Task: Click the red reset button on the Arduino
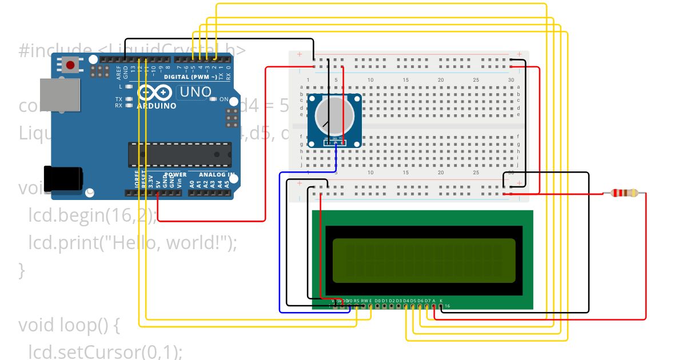coord(70,65)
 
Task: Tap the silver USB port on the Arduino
coord(60,94)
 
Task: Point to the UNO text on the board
coord(196,91)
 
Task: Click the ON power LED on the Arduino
coord(213,99)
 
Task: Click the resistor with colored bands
coord(624,193)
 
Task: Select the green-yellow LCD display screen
coord(420,260)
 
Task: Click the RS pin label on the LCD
coord(356,301)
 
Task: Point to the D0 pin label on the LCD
coord(377,301)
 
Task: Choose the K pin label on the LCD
coord(441,301)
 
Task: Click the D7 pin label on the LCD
coord(427,301)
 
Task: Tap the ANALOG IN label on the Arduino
coord(216,175)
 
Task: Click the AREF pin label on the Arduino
coord(119,72)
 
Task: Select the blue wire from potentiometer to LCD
coord(280,240)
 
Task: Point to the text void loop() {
coord(69,325)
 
